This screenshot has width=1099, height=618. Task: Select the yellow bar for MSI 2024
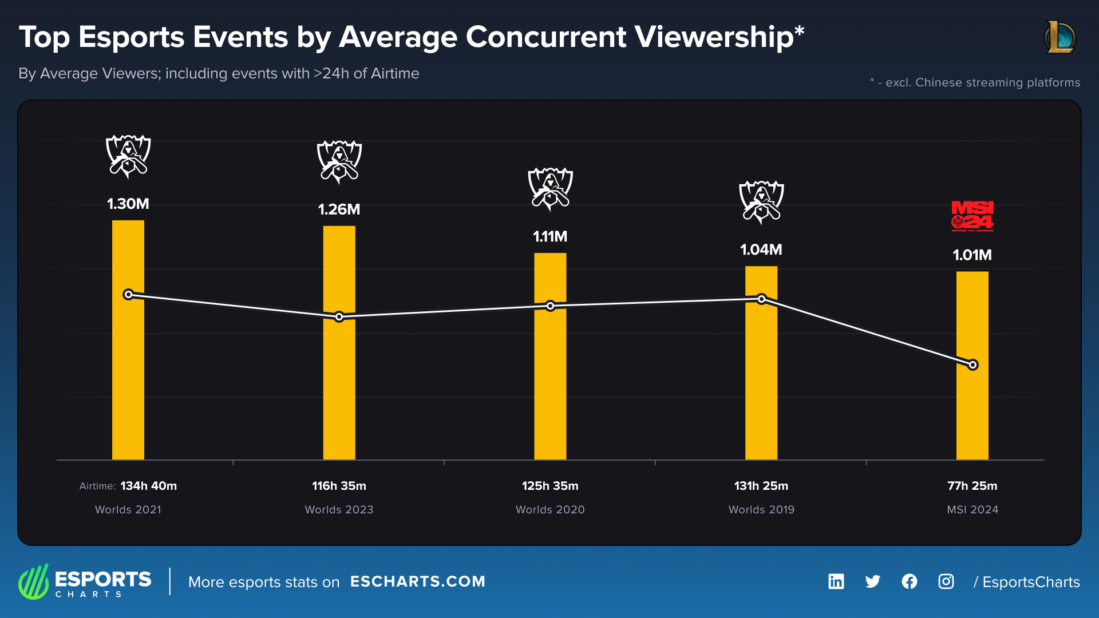(x=972, y=412)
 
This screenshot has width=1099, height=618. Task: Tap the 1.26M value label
(x=339, y=209)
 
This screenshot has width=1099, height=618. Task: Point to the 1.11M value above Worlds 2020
(x=550, y=236)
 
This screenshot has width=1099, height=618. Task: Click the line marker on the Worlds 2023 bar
(x=339, y=316)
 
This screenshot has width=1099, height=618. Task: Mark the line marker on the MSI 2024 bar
(x=973, y=365)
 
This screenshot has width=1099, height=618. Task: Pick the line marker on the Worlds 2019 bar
(x=761, y=299)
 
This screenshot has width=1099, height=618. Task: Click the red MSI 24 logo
(x=972, y=216)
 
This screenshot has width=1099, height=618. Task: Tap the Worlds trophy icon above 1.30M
(x=128, y=156)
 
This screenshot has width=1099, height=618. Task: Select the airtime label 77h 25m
(x=972, y=486)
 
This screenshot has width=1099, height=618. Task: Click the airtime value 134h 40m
(x=148, y=486)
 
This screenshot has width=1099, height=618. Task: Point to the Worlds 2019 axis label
(x=761, y=509)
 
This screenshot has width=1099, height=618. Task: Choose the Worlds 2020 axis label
(x=550, y=509)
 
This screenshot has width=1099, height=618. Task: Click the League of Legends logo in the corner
(x=1060, y=37)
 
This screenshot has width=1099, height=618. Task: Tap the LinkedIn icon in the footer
(x=836, y=581)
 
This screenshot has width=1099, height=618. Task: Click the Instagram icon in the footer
(x=946, y=581)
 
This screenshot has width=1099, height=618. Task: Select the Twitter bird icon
(x=872, y=581)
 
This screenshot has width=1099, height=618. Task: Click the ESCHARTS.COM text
(x=417, y=581)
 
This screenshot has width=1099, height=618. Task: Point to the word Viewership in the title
(x=714, y=37)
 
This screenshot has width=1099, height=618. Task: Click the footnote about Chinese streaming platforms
(x=975, y=82)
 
